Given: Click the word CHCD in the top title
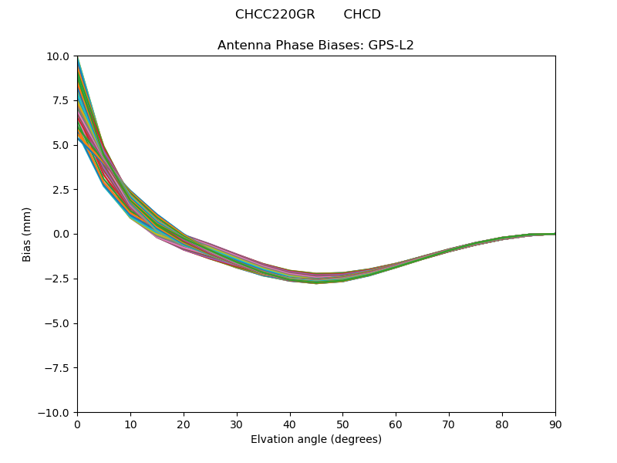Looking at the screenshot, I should [x=362, y=15].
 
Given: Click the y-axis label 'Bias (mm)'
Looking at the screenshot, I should [x=27, y=234].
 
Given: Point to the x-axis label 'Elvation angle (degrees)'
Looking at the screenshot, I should [x=316, y=440].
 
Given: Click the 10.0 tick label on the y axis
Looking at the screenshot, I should [x=58, y=56].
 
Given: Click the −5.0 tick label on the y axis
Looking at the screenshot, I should [x=57, y=323].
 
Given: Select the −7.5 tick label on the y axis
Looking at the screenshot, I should [x=57, y=368].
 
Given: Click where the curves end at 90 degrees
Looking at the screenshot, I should [x=555, y=234].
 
